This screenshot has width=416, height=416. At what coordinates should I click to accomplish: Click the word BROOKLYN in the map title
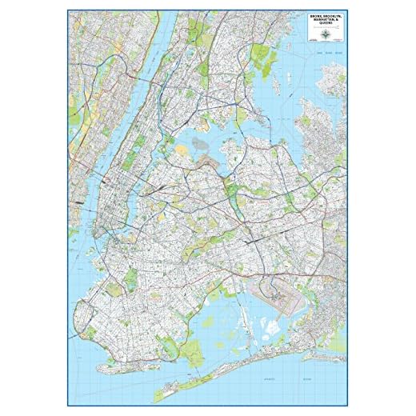tap(328, 15)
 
